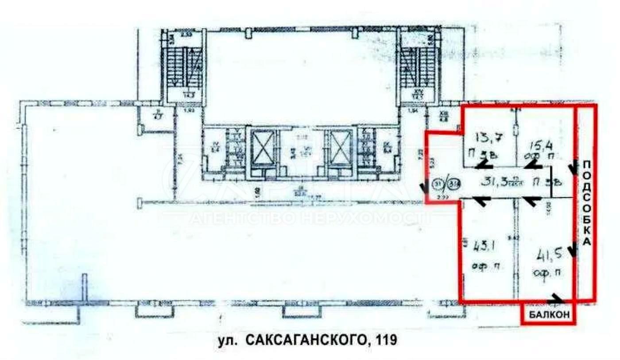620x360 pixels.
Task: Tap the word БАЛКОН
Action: pos(548,315)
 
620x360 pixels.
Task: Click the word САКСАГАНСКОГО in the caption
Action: pos(305,340)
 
